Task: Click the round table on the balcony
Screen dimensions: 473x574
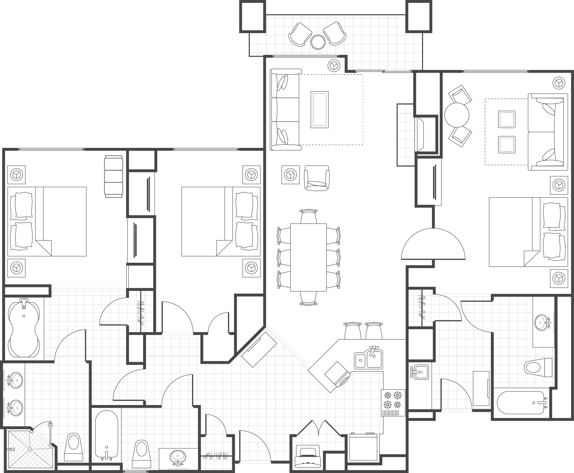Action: (x=318, y=42)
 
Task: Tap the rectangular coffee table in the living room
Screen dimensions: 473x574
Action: (x=319, y=110)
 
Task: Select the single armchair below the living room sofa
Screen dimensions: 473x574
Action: (x=317, y=178)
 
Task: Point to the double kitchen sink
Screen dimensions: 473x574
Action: (x=368, y=360)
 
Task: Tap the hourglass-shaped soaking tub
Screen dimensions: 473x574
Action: (x=24, y=328)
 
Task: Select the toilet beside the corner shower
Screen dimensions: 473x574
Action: (x=73, y=447)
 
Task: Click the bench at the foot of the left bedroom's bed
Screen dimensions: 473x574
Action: (x=113, y=176)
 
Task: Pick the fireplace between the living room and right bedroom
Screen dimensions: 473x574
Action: (x=420, y=134)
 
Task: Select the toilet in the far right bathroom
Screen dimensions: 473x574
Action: (x=537, y=367)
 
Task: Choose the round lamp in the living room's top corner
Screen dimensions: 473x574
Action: (x=334, y=65)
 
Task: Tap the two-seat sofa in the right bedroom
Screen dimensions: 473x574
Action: (x=547, y=132)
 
